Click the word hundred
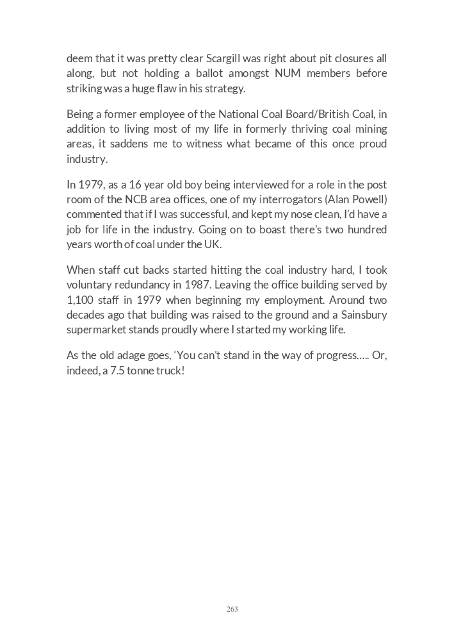coord(368,230)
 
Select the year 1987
coord(202,285)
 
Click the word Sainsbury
coord(363,315)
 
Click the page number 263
coord(232,609)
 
